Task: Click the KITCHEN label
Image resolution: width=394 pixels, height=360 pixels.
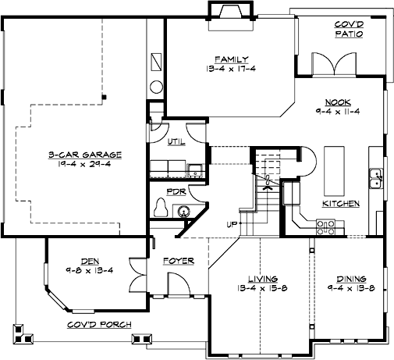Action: click(341, 203)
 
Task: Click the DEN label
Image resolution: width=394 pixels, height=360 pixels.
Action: click(88, 262)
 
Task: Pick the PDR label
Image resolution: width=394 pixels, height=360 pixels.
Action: click(175, 191)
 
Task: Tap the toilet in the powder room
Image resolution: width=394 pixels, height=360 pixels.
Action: click(162, 208)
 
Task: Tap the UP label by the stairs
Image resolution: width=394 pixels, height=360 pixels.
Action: click(232, 225)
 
